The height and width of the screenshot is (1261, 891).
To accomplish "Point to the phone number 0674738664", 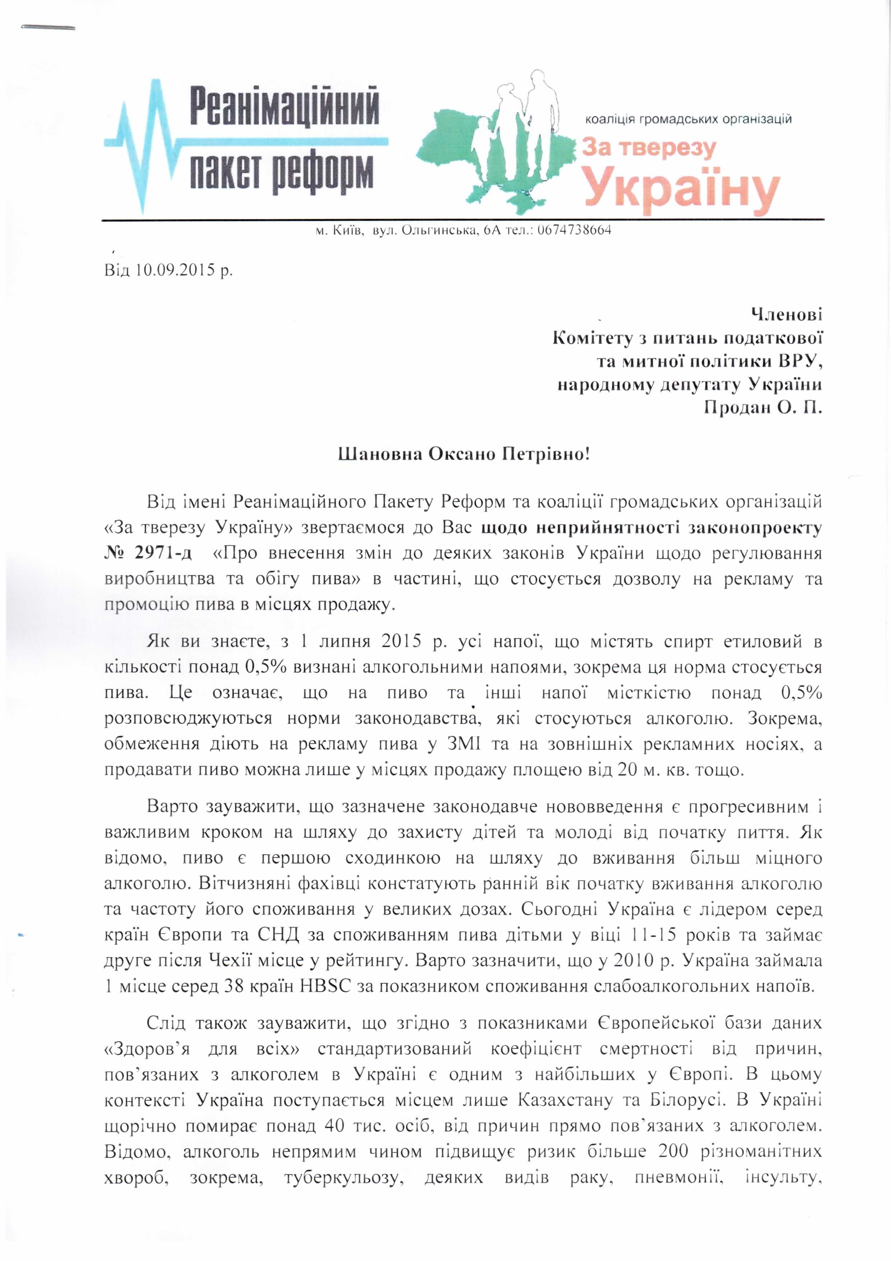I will coord(574,230).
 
